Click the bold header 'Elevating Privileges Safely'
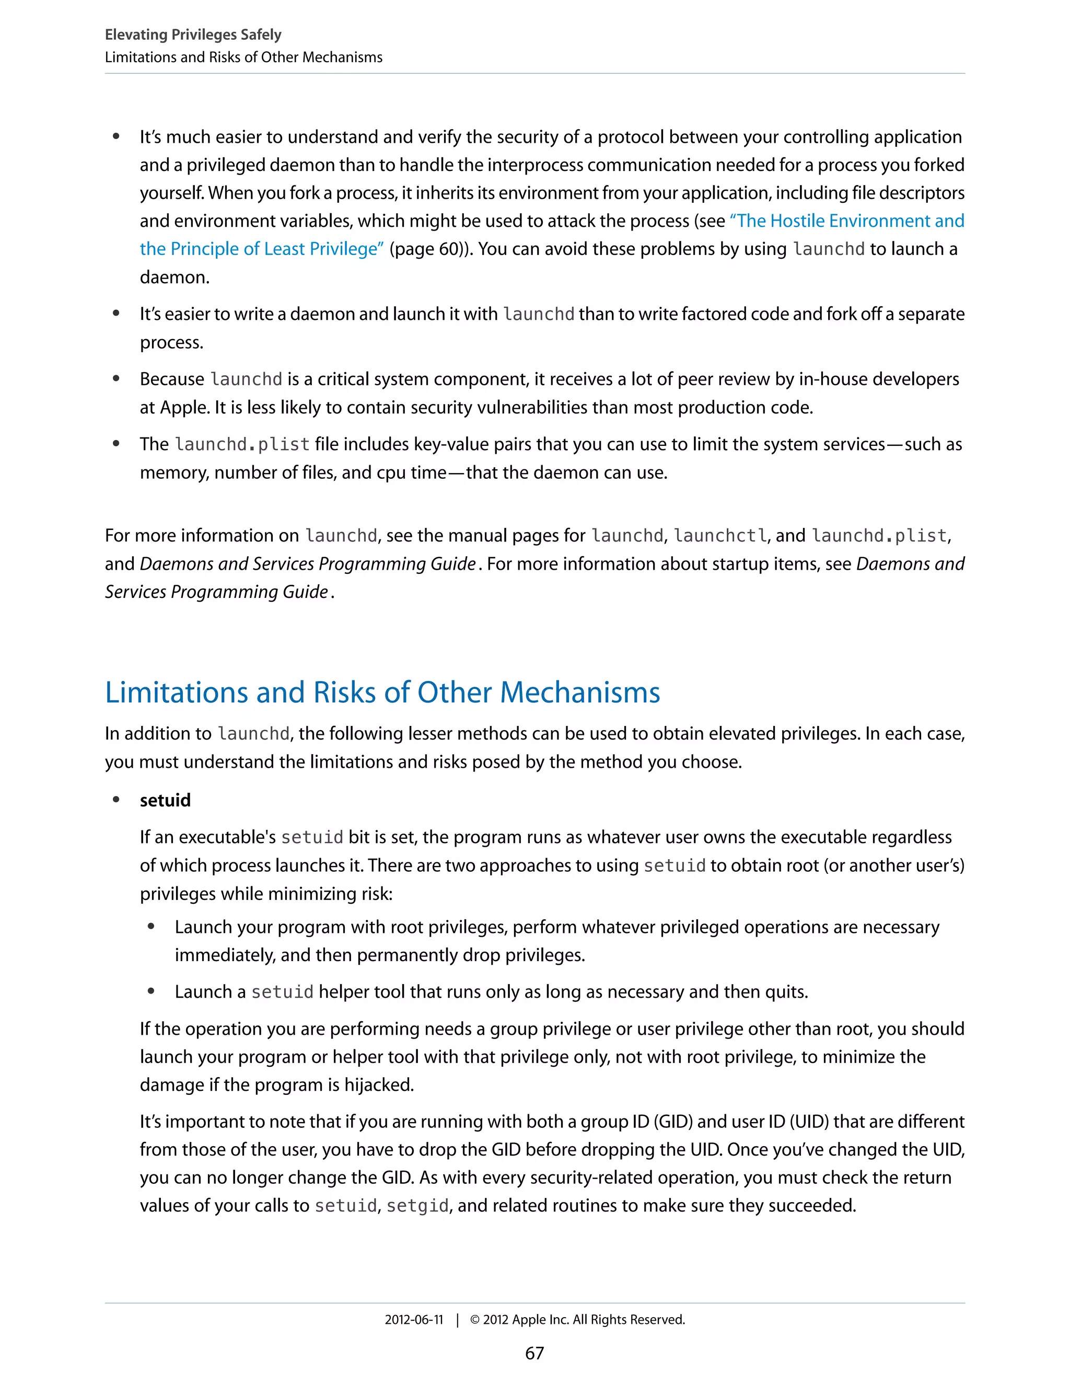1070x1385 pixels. (x=193, y=35)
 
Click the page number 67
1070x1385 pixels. (x=534, y=1353)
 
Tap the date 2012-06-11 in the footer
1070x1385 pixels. (x=414, y=1320)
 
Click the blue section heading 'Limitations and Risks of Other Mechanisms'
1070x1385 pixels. (x=382, y=692)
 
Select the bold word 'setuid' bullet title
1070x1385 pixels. (x=165, y=800)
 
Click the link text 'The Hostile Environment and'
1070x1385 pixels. (x=847, y=221)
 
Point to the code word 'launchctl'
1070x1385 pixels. (x=720, y=536)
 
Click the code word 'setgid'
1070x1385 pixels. (x=417, y=1206)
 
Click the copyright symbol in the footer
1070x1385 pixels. (x=475, y=1320)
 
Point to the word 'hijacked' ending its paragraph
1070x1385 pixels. (x=378, y=1085)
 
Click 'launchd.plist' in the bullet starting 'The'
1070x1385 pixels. (x=242, y=445)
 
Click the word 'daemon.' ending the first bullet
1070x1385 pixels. (x=175, y=277)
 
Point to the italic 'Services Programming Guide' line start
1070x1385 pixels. (x=216, y=592)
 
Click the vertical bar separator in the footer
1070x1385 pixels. (x=457, y=1320)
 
